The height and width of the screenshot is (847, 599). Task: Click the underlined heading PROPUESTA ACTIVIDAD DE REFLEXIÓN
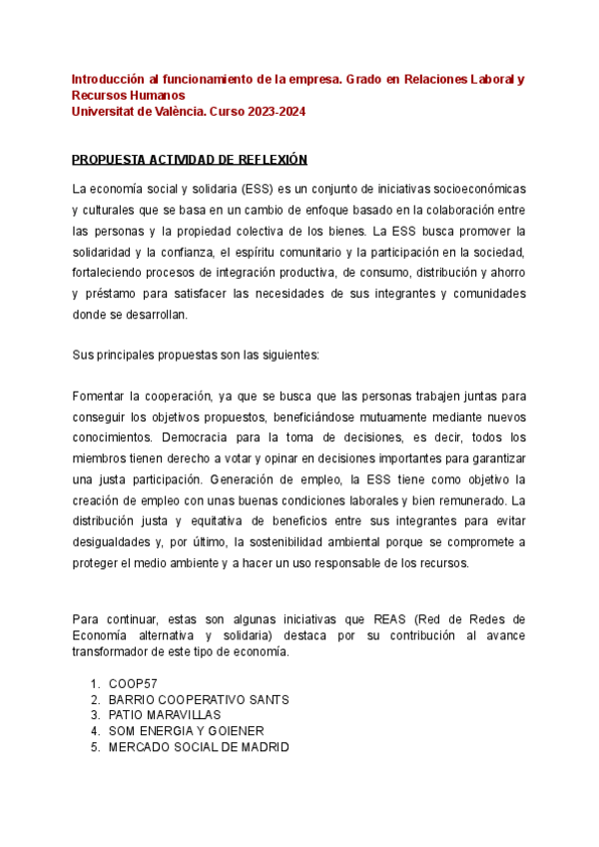190,160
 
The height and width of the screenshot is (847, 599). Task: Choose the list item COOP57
134,683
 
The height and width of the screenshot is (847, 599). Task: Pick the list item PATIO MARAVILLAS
165,715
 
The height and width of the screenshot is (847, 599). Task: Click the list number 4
93,731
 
